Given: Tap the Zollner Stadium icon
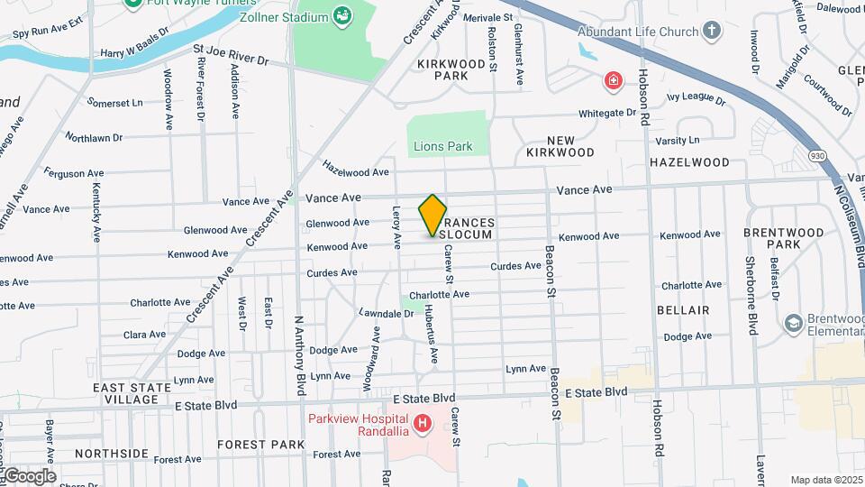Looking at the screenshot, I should pos(341,15).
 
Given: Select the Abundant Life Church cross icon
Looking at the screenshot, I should pos(712,32).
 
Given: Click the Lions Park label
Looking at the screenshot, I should pos(442,146).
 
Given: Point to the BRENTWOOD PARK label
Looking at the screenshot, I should pos(784,238).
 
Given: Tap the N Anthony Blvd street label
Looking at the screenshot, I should pos(300,354).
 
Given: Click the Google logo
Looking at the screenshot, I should pos(29,476).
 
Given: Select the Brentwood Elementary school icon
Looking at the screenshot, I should pos(793,323).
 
